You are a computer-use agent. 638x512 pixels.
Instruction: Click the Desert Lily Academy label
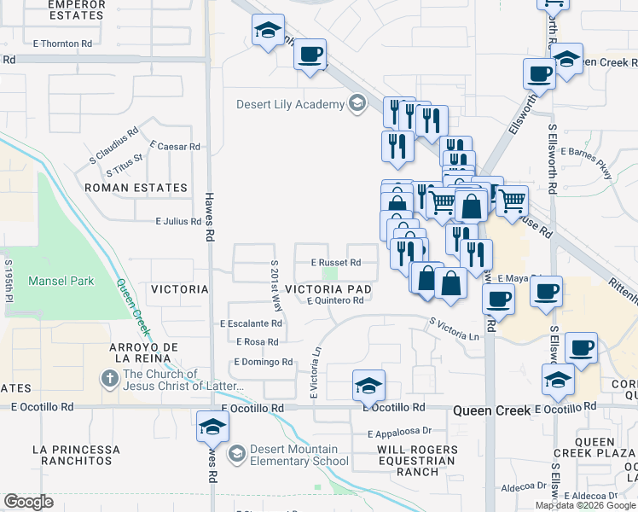(291, 105)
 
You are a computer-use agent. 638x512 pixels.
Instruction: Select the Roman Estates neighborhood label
(136, 188)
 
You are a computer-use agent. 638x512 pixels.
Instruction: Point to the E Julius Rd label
(178, 222)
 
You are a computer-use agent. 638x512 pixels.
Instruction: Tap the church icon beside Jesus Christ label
(110, 377)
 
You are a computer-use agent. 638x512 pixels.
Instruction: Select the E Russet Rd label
(336, 262)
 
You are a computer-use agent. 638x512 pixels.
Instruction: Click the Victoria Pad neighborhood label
(328, 289)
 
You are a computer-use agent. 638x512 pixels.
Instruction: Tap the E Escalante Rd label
(251, 324)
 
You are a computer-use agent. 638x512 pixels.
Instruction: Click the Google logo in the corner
(28, 502)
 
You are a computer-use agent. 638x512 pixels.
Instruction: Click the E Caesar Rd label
(174, 146)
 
